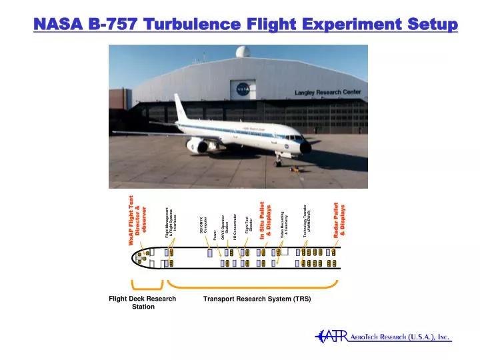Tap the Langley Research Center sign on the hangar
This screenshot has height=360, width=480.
point(327,92)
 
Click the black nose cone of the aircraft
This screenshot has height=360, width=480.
point(306,147)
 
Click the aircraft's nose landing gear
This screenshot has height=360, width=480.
point(278,160)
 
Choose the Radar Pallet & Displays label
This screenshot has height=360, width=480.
point(339,219)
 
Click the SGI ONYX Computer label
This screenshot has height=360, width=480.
point(203,225)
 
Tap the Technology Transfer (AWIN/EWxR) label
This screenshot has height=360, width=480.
point(307,220)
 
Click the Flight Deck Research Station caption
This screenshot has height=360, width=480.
point(142,303)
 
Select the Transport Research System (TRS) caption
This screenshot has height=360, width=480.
point(257,299)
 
